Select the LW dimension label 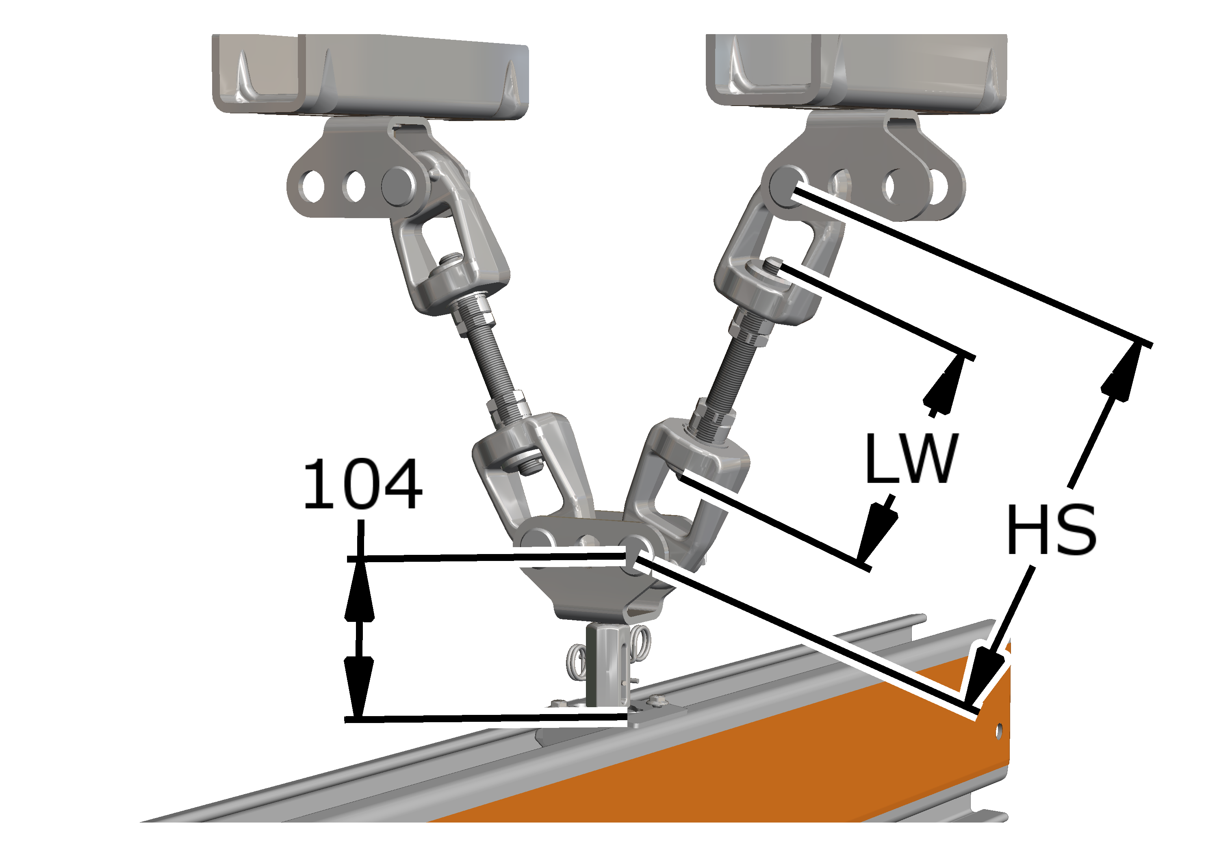tap(911, 458)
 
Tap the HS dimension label tap(1052, 529)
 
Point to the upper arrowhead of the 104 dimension tap(360, 590)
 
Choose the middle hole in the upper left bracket tap(355, 186)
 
